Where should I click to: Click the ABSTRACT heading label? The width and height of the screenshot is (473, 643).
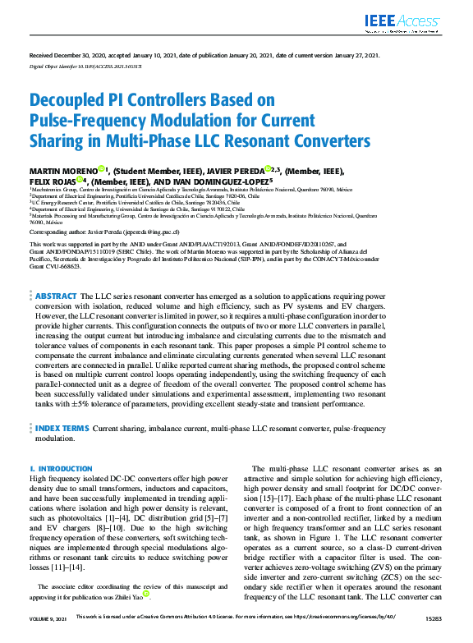[57, 295]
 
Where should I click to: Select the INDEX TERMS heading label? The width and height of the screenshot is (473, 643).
[61, 429]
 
